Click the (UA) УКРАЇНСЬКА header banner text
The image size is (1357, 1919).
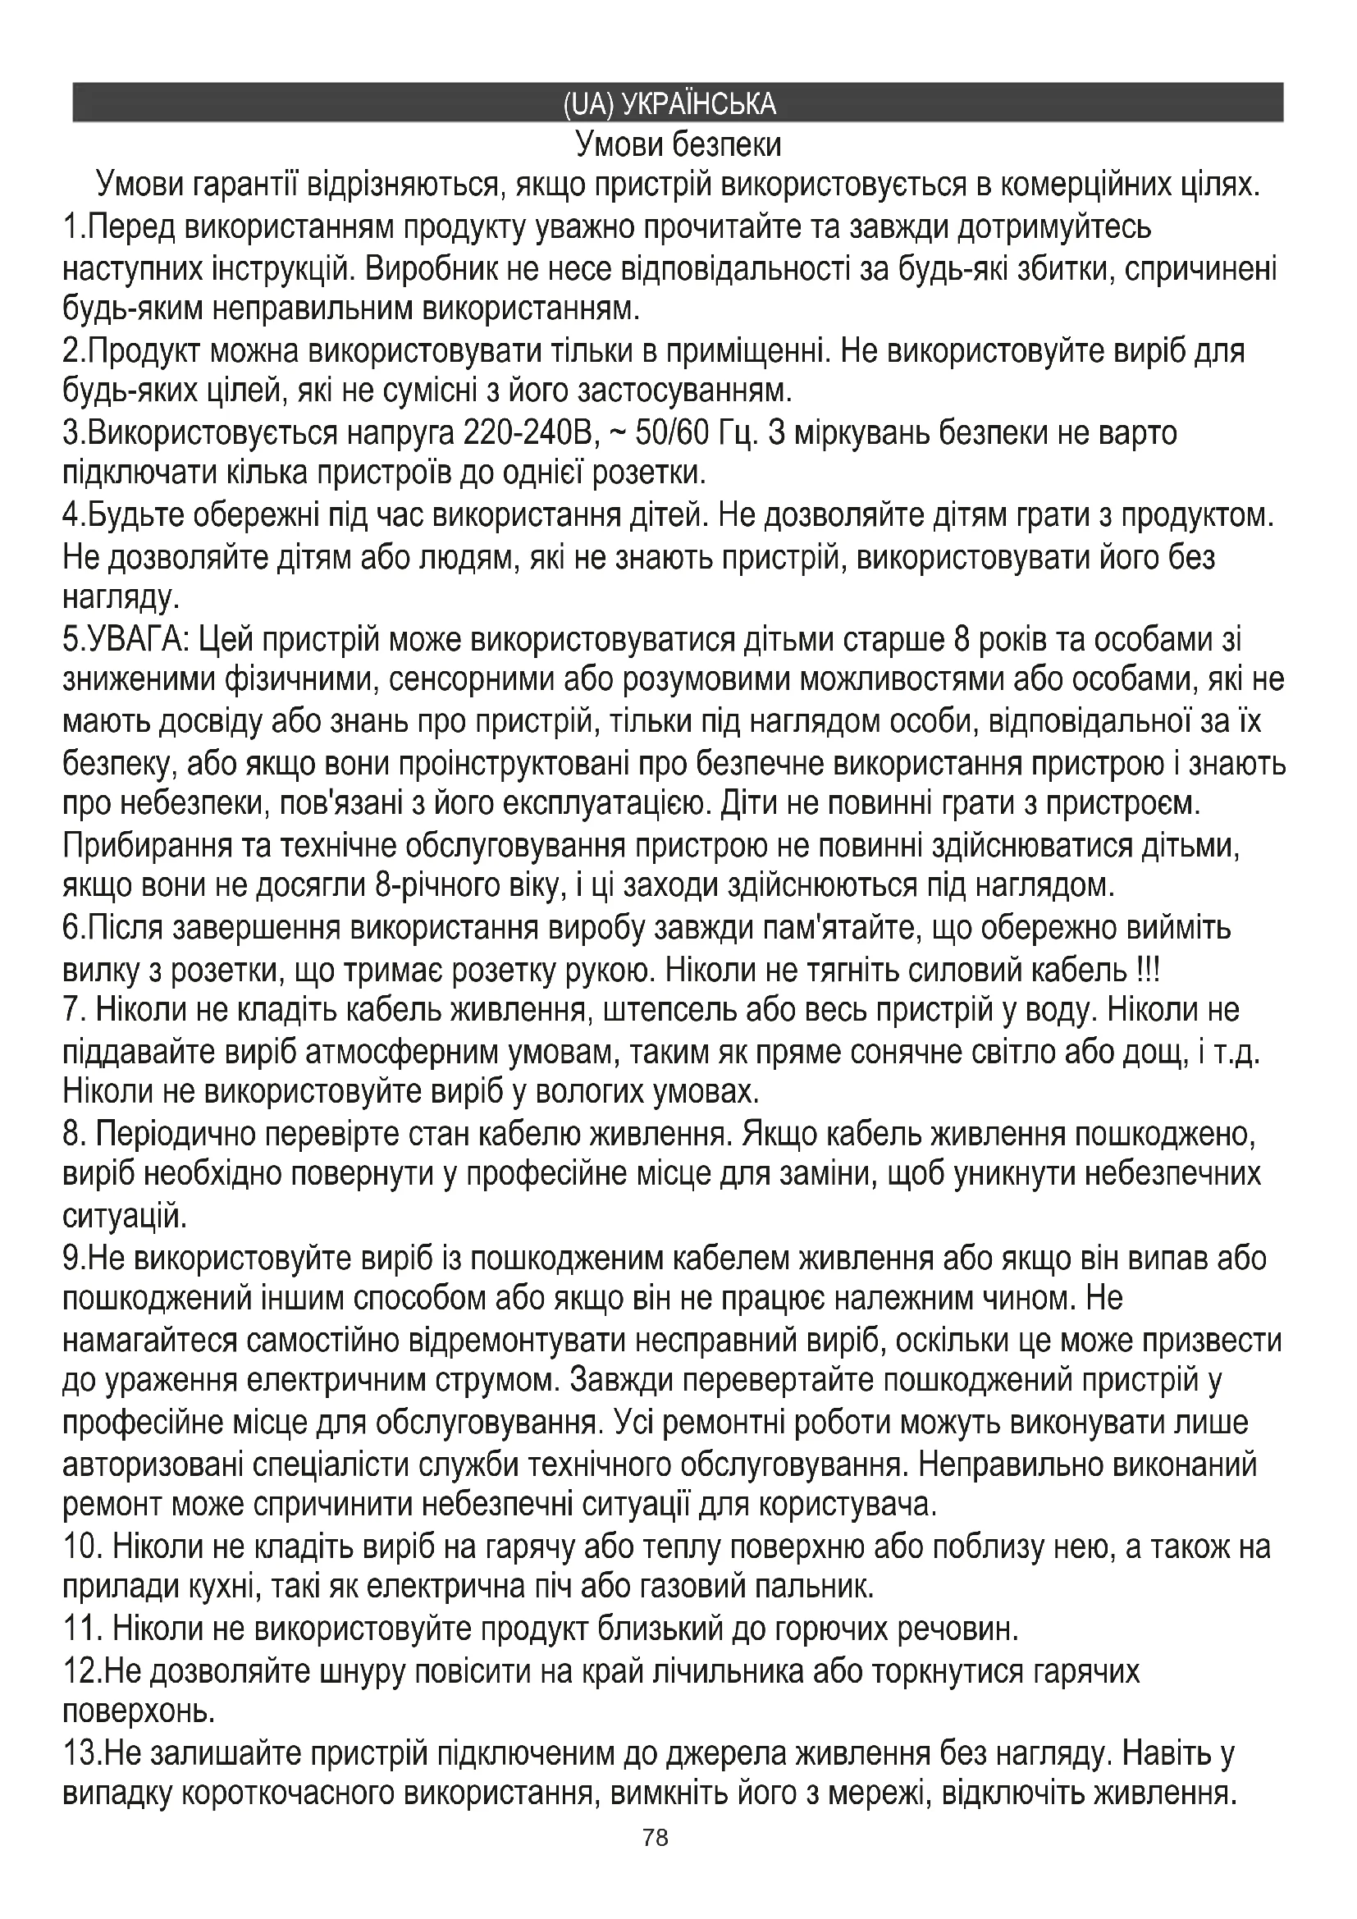point(669,103)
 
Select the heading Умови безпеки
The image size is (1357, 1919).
point(678,145)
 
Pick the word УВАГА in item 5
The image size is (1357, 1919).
point(135,640)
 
